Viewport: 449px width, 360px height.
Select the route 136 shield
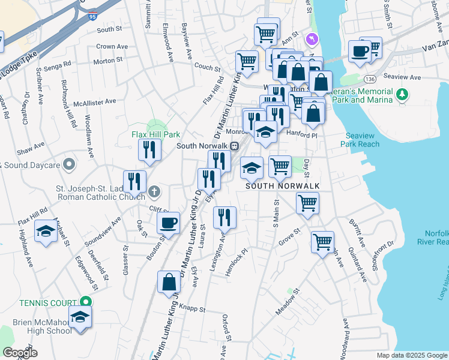[x=369, y=79]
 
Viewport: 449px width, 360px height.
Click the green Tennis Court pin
[x=86, y=302]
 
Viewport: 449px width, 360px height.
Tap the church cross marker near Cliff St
[x=154, y=191]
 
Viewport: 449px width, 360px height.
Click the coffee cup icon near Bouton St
[x=169, y=223]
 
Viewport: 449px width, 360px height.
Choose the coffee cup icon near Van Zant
[x=360, y=52]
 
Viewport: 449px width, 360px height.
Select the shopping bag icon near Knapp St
[x=169, y=281]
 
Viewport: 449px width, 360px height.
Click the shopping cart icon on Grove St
[x=322, y=242]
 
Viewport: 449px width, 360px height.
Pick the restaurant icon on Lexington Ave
[x=224, y=217]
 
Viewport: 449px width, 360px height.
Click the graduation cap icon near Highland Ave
[x=46, y=231]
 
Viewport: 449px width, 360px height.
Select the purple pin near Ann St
[x=311, y=39]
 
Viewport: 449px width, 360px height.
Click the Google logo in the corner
[x=20, y=353]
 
